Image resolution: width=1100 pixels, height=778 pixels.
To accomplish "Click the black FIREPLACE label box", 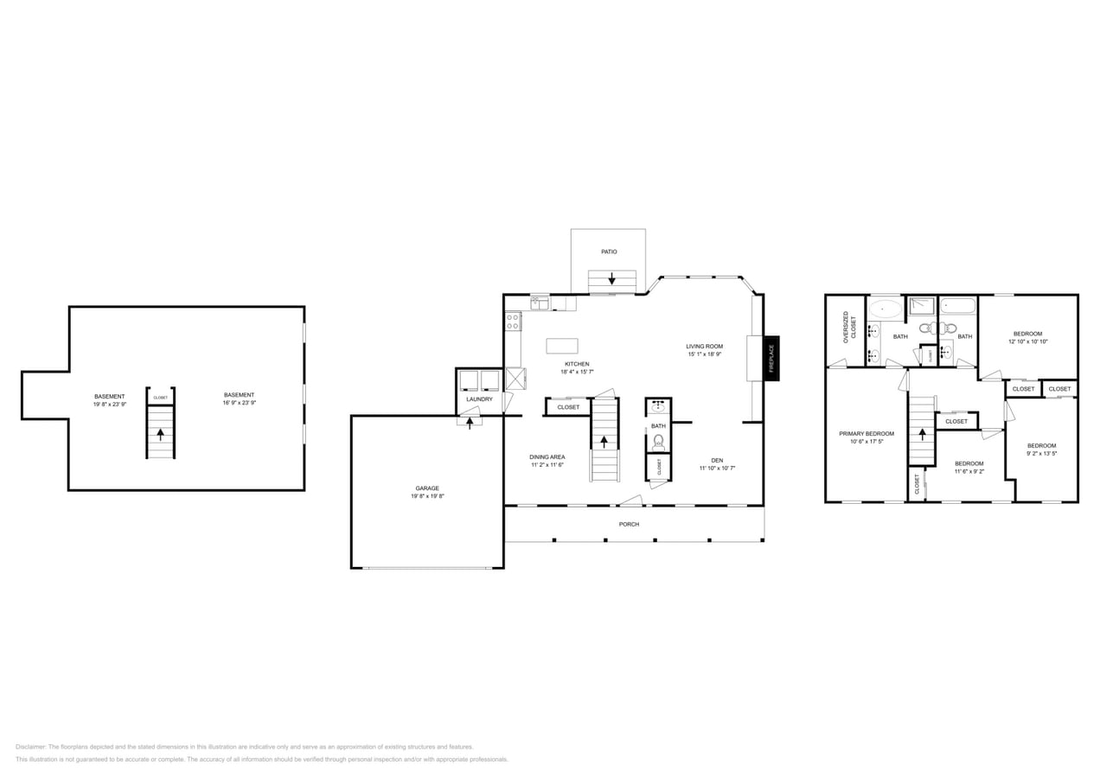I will [771, 358].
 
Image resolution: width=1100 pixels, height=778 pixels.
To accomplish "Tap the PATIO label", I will [610, 252].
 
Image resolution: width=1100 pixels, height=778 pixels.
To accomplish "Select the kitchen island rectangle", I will [561, 346].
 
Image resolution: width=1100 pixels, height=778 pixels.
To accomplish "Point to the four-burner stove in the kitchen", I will [513, 322].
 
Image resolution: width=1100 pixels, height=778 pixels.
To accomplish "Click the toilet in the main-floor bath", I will [658, 443].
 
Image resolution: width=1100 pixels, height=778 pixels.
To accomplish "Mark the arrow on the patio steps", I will [612, 279].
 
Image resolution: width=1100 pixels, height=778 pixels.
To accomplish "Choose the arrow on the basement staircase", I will [160, 434].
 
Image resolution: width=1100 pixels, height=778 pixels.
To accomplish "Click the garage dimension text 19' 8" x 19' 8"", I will [427, 496].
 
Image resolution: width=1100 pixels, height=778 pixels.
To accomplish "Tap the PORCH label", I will [629, 525].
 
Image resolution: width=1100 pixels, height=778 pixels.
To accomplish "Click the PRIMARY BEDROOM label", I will [867, 433].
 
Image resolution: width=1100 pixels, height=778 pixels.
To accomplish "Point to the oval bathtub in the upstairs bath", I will [885, 309].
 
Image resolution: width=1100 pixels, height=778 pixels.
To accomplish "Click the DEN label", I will [717, 460].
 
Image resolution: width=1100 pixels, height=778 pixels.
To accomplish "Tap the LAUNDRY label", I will [479, 399].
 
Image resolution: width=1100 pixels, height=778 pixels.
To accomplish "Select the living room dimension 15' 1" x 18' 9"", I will [705, 354].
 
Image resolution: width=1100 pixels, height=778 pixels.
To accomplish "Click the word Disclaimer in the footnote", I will [30, 747].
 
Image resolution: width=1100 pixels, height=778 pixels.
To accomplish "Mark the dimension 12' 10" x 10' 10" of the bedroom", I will [1027, 341].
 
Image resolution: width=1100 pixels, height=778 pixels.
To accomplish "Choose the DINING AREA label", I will [547, 456].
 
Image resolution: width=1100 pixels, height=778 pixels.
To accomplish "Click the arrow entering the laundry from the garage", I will [470, 423].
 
